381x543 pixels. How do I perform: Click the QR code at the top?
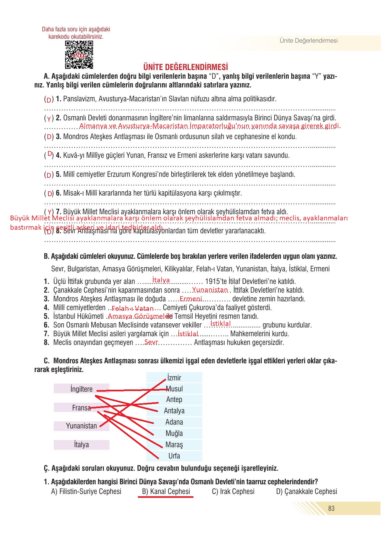79,55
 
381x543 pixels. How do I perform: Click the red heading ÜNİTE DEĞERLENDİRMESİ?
185,67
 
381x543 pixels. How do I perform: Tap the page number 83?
331,508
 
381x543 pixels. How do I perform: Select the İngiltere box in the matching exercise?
81,389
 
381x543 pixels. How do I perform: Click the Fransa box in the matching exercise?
81,407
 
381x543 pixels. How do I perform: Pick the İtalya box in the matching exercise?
81,445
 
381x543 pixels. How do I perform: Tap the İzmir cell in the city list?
174,377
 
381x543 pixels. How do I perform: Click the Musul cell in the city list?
174,389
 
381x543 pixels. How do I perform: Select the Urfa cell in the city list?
174,456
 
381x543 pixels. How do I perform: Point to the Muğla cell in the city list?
174,433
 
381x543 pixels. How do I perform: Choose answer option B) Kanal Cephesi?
166,491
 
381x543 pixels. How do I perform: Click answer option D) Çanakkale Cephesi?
306,491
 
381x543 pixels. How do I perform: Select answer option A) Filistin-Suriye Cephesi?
86,491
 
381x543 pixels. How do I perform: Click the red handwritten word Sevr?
151,342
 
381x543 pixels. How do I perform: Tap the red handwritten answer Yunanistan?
210,290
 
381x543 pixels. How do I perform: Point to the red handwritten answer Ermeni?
191,299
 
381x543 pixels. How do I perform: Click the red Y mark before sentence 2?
49,119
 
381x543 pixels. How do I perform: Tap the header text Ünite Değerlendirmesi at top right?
308,41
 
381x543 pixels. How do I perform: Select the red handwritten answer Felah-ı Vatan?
133,308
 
